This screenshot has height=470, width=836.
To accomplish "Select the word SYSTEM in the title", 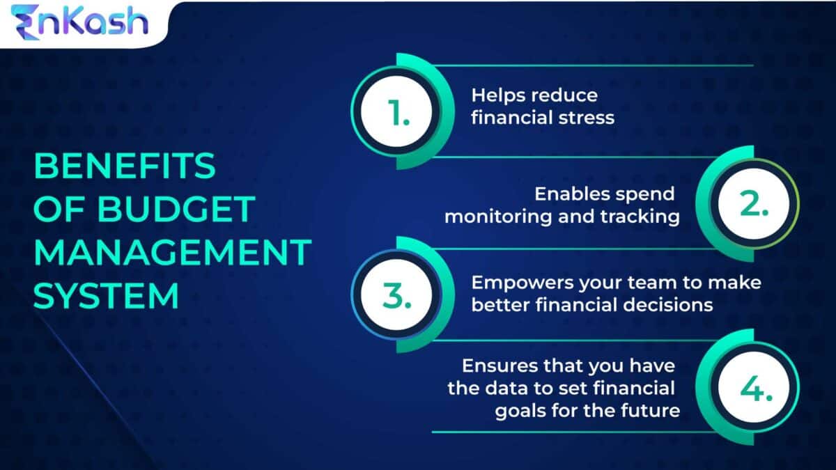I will click(x=107, y=295).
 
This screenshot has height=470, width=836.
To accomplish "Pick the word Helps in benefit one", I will click(x=496, y=95).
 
